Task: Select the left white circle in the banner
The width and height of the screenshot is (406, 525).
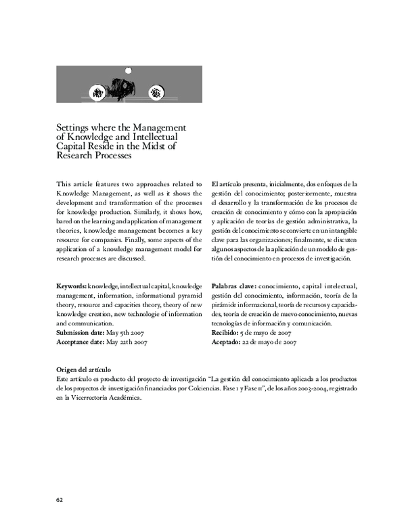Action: click(98, 92)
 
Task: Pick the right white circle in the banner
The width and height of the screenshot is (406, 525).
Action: click(156, 92)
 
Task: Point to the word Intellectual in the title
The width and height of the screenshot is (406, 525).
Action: click(146, 137)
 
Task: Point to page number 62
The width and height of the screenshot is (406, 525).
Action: click(60, 499)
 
